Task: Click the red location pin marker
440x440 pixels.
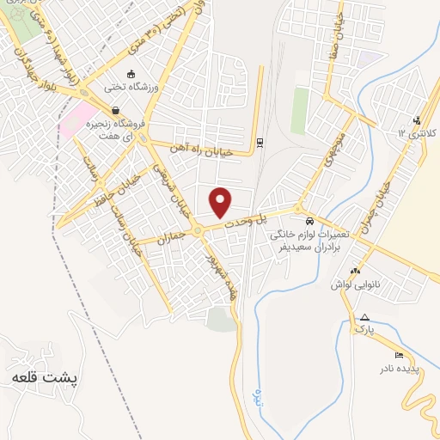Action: click(x=221, y=201)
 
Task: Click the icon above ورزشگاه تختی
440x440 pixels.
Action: click(x=131, y=73)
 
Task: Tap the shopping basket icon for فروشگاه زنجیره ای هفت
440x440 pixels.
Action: click(x=115, y=110)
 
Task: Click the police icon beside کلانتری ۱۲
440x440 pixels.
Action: click(x=417, y=119)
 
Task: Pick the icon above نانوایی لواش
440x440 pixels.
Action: click(x=356, y=272)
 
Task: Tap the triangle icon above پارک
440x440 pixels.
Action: click(x=364, y=316)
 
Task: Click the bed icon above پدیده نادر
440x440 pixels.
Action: click(x=398, y=355)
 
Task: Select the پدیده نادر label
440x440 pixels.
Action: click(x=401, y=369)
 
